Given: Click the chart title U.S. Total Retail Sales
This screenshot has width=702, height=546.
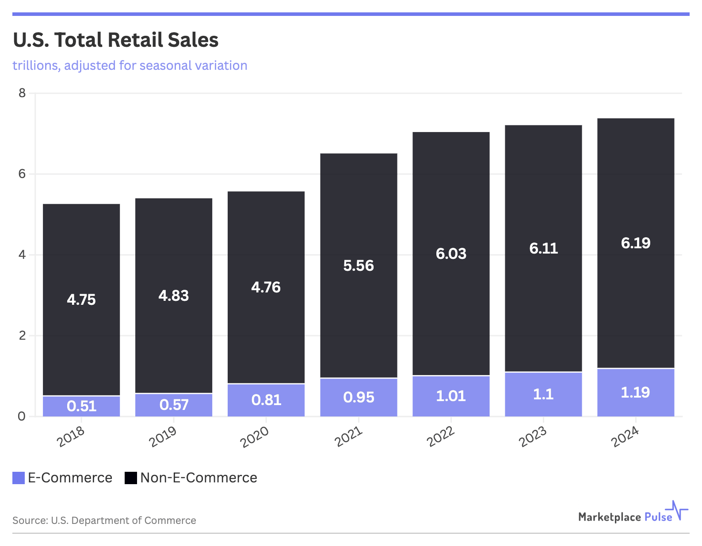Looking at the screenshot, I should click(x=115, y=40).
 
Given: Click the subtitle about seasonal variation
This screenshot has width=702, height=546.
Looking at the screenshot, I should click(x=130, y=65).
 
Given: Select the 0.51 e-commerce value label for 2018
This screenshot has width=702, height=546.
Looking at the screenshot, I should click(x=81, y=406).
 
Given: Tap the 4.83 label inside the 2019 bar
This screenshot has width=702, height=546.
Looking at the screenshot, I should click(x=174, y=296).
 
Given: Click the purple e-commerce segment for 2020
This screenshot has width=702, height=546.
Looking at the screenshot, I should click(x=266, y=400).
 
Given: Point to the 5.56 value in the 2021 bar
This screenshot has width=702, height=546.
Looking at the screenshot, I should click(x=359, y=265).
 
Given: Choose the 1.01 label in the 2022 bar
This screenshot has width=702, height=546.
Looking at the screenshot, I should click(x=451, y=396).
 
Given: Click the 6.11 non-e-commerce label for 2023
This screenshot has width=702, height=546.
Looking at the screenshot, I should click(x=543, y=248).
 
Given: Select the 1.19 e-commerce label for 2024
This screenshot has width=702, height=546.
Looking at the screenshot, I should click(x=635, y=392).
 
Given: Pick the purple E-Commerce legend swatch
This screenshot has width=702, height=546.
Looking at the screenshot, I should click(x=19, y=478).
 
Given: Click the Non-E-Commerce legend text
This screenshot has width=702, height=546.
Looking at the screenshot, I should click(x=198, y=478).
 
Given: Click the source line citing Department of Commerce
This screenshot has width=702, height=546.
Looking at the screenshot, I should click(x=104, y=520).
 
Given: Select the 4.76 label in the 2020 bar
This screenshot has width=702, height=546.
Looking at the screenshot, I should click(x=266, y=288).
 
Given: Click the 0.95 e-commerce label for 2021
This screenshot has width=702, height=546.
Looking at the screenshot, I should click(x=359, y=398).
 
